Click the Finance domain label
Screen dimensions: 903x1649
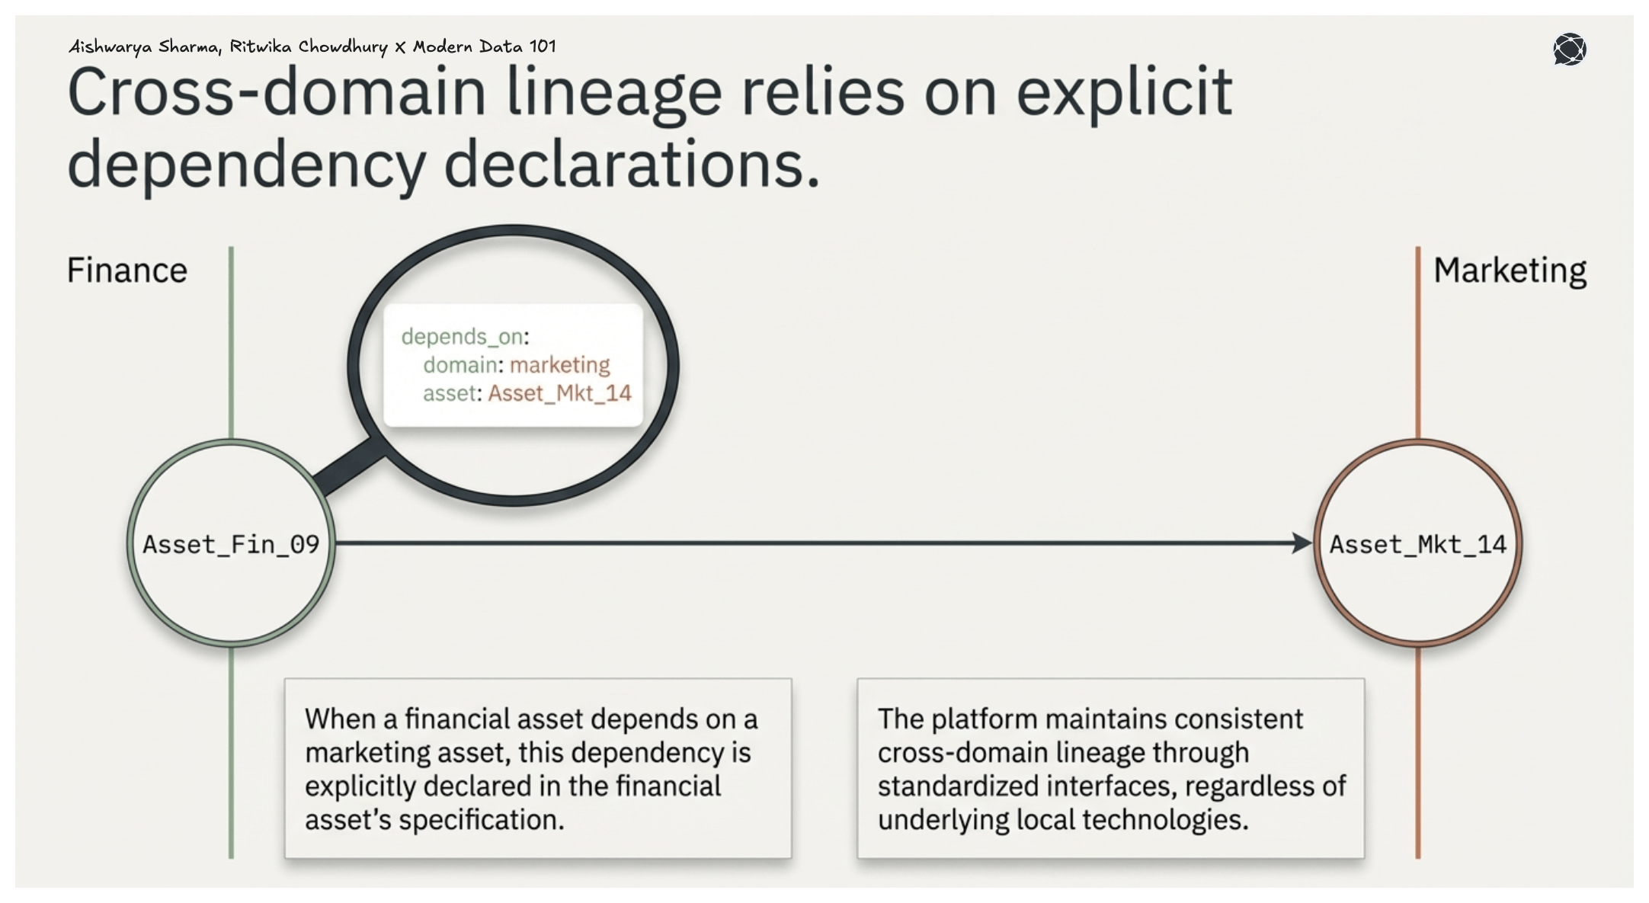(x=126, y=271)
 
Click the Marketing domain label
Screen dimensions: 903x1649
(x=1510, y=271)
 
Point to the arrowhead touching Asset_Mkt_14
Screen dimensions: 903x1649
(x=1302, y=543)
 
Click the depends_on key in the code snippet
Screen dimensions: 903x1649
(x=462, y=336)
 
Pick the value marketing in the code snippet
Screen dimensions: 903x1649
(x=559, y=365)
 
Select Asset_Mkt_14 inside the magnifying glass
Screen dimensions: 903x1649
(x=559, y=393)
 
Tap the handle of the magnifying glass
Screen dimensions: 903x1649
(x=349, y=469)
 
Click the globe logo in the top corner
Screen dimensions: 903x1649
(x=1569, y=50)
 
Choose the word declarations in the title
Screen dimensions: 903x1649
(x=631, y=164)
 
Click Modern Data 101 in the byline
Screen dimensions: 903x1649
(x=484, y=46)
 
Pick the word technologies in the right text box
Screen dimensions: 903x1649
(x=1164, y=820)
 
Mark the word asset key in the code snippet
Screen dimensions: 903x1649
(x=449, y=393)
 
